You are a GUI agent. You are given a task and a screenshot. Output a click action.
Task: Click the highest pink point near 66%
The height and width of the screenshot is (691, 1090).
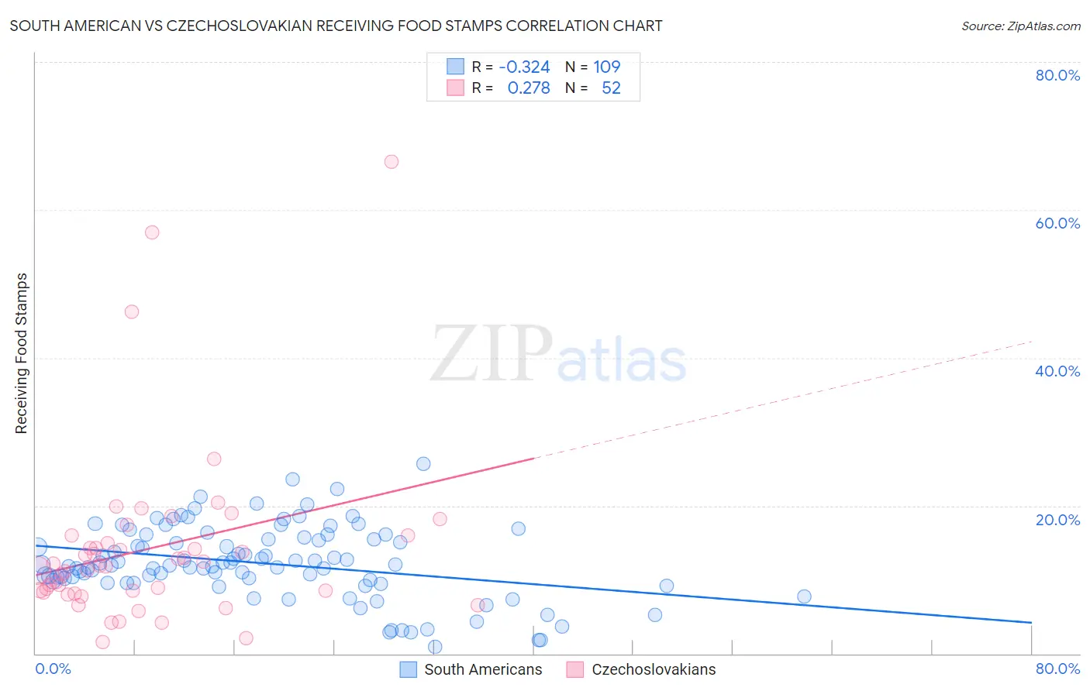click(392, 162)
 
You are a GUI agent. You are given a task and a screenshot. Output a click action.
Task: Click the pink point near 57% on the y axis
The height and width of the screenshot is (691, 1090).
click(152, 232)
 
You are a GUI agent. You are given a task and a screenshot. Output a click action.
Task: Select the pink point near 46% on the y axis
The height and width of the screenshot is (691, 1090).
click(132, 311)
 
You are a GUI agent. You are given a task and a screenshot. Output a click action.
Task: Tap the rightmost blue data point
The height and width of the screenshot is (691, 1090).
click(804, 596)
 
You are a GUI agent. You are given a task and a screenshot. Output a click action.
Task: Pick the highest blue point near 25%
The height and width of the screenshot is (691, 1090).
click(423, 464)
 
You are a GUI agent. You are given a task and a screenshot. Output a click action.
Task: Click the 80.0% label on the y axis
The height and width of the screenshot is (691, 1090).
click(1057, 75)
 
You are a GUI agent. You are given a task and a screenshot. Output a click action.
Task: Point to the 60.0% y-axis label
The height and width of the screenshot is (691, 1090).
click(1057, 223)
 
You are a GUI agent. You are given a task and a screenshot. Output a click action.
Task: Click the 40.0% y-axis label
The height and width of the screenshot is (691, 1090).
click(1057, 371)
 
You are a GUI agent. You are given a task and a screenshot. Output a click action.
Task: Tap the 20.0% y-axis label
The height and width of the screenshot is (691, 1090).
click(1057, 520)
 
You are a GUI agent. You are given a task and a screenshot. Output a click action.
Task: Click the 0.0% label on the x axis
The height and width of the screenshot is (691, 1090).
click(53, 669)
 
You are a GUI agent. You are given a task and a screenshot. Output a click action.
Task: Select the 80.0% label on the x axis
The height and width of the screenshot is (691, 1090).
click(1057, 669)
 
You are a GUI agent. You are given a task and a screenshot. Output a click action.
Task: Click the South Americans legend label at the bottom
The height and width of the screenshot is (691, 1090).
click(483, 669)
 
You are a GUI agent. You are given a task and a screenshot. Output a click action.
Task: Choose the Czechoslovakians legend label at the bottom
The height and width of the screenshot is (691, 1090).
click(654, 669)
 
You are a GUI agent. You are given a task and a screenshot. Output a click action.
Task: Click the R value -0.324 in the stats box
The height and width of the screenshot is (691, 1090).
click(524, 67)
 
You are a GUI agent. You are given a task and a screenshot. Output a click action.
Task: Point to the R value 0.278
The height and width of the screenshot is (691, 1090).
click(529, 88)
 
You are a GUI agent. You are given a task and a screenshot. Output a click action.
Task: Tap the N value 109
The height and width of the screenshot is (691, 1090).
click(607, 67)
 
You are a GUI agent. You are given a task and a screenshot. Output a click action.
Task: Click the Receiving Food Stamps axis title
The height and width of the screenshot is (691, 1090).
click(22, 353)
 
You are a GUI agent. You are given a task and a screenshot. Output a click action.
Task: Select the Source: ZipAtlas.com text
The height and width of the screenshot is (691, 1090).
click(1020, 26)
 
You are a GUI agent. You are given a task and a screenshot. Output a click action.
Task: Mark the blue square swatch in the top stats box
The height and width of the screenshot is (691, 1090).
click(455, 67)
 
